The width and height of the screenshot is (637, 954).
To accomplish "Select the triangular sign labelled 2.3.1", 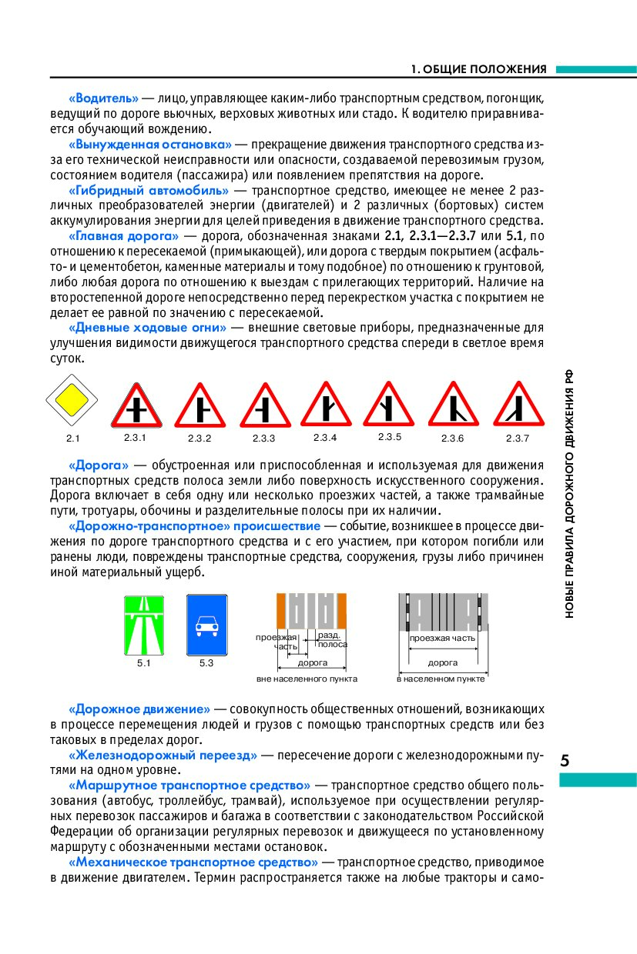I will [x=136, y=406].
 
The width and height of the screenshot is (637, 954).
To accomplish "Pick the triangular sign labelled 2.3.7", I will [x=518, y=406].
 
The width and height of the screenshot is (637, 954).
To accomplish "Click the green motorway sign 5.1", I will [x=144, y=624].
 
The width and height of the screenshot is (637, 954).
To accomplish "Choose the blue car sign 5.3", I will [x=206, y=624].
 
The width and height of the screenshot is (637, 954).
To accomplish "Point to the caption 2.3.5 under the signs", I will [x=390, y=437].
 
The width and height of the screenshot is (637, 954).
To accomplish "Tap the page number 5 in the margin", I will [x=565, y=761].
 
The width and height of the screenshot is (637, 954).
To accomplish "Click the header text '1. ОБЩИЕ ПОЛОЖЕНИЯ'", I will [x=478, y=69].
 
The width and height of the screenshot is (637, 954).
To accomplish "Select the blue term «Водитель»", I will [x=103, y=99].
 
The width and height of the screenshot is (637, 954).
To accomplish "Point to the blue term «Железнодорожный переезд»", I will [x=163, y=756].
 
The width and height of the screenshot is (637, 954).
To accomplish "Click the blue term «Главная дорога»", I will [x=124, y=235].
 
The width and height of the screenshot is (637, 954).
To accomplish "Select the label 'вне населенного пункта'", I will [x=307, y=679].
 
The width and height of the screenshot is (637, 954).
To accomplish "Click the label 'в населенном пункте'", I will [x=441, y=679].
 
